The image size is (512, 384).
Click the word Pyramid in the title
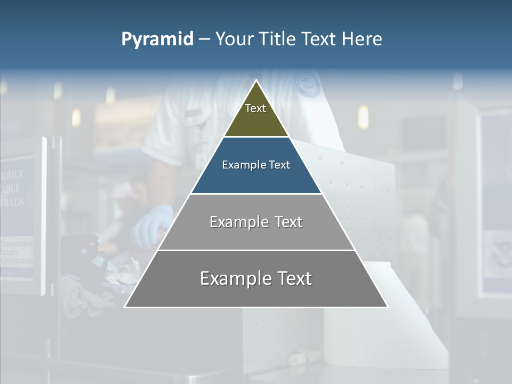(x=157, y=39)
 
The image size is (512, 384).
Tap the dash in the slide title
(x=204, y=39)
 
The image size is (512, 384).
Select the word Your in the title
(x=234, y=39)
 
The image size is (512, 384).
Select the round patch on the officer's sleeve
(x=308, y=84)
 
